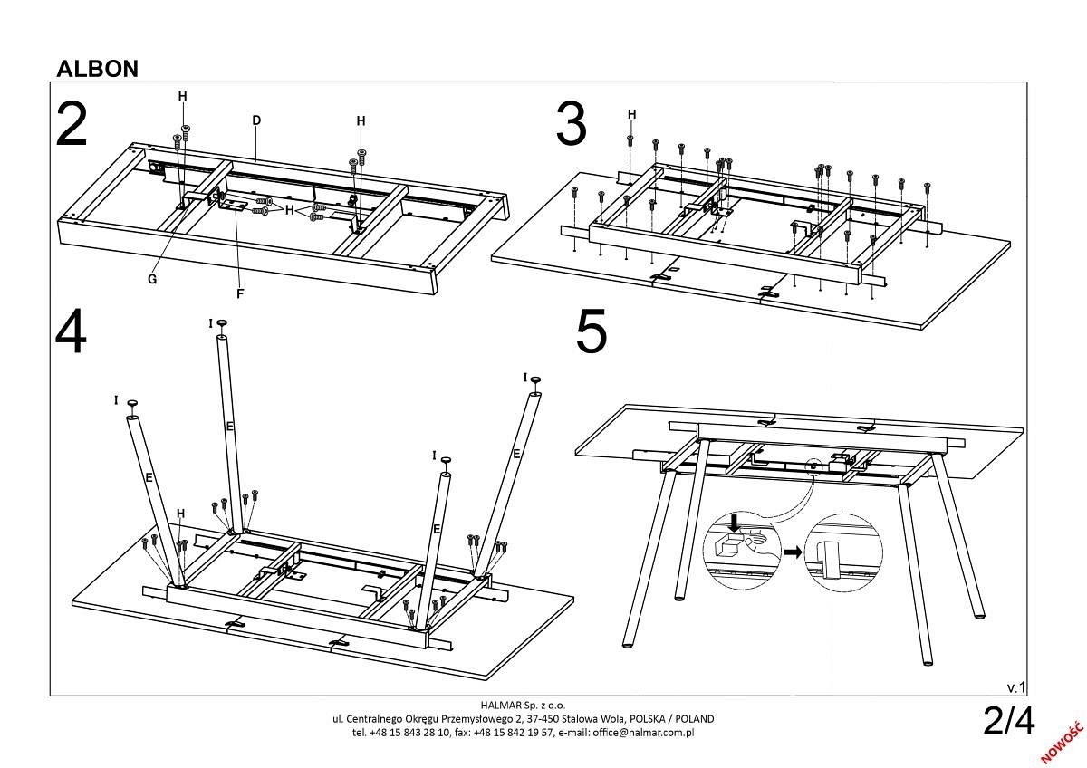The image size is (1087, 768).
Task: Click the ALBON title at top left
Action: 97,69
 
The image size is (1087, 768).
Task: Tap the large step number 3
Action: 571,124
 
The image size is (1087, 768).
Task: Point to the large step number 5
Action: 592,332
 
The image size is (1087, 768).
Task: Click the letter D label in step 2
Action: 256,120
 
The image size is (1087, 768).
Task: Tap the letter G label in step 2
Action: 152,279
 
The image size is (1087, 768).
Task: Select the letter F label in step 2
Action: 240,293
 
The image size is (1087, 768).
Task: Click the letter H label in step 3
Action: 631,114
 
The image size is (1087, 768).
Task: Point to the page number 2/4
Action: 1008,721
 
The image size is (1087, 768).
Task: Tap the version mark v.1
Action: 1015,687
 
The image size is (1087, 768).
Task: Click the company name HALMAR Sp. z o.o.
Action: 523,705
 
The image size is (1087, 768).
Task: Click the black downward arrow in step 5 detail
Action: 735,523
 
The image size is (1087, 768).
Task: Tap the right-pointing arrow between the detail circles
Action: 793,551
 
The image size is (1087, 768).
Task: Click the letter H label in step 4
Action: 180,514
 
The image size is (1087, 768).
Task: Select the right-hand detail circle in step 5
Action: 843,552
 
